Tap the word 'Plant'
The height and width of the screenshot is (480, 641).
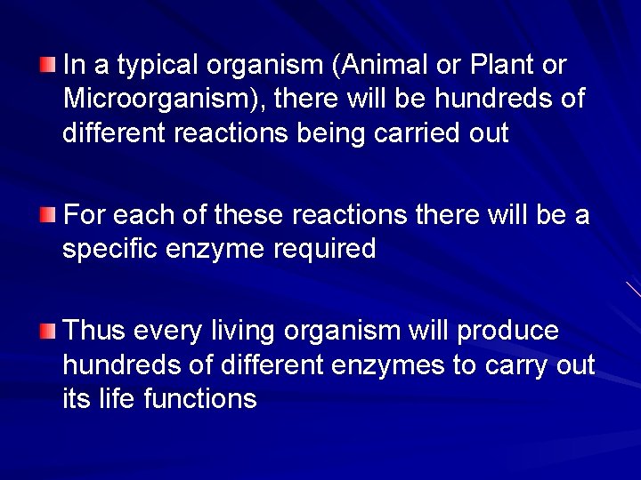493,66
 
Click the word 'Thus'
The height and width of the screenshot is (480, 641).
95,331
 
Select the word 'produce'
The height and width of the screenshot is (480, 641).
508,332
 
